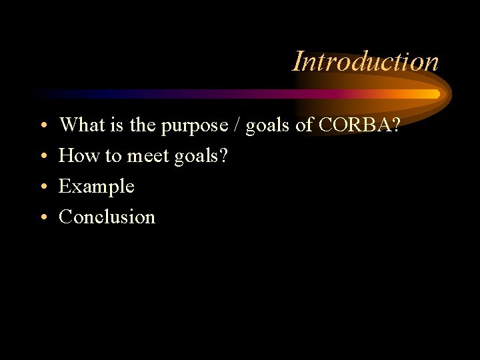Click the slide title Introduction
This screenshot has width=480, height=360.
365,61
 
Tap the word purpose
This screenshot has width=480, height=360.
194,126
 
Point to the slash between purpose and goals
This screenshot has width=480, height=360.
237,125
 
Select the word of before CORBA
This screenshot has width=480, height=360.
305,125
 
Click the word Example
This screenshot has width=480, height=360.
97,187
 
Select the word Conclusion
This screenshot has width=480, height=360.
107,217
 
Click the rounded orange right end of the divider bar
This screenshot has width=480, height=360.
436,94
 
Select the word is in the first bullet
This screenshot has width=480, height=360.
113,125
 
